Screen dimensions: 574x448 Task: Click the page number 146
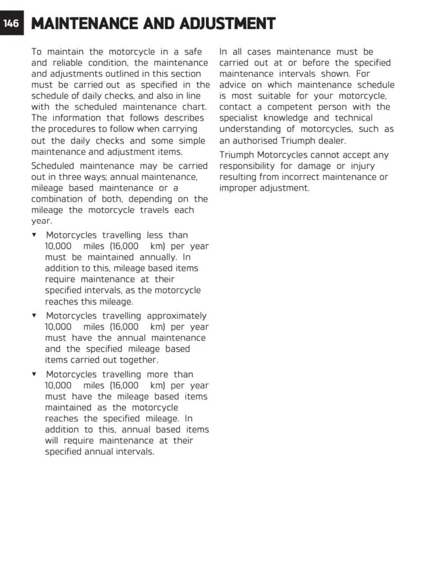11,24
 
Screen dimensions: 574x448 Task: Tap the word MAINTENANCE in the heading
84,24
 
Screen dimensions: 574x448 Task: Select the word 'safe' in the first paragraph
192,52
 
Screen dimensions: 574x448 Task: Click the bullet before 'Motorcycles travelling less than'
35,235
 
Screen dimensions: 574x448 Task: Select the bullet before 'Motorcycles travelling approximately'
35,316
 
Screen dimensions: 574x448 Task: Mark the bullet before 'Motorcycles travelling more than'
35,374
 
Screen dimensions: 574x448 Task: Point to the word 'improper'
239,188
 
